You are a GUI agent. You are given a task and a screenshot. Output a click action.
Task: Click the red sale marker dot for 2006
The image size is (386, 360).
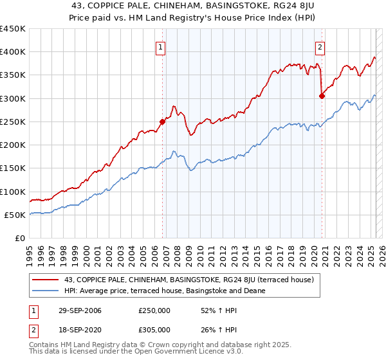pos(162,121)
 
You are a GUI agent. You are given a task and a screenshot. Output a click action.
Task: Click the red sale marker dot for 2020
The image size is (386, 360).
pos(322,96)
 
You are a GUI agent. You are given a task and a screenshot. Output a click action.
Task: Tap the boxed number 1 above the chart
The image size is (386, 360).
pos(160,46)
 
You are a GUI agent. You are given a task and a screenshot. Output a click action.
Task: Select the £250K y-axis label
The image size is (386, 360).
pos(13,122)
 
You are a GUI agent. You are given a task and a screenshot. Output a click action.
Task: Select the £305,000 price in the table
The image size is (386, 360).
pos(154,329)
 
